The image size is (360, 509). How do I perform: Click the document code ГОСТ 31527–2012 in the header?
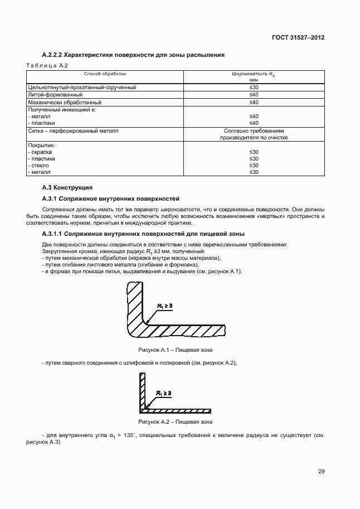[x=299, y=37]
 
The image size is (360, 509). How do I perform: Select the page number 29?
[x=321, y=471]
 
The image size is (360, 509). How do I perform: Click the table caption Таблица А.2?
[x=47, y=66]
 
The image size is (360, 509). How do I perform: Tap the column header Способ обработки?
[x=105, y=74]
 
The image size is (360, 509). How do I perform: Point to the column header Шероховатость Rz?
[x=254, y=74]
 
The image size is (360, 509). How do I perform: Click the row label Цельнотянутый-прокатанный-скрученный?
[x=82, y=88]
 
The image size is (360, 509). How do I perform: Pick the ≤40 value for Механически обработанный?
[x=254, y=102]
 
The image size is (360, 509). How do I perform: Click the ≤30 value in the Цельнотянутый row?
[x=254, y=88]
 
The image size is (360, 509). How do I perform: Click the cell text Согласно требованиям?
[x=254, y=130]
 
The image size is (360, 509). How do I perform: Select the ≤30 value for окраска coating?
[x=254, y=152]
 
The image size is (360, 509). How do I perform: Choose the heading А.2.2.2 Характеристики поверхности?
[x=134, y=55]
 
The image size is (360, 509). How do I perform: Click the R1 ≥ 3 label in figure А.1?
[x=165, y=306]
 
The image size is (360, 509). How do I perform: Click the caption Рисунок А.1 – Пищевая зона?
[x=175, y=350]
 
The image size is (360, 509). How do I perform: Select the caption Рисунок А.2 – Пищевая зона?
[x=175, y=421]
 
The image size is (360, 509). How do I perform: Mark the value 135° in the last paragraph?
[x=145, y=435]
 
